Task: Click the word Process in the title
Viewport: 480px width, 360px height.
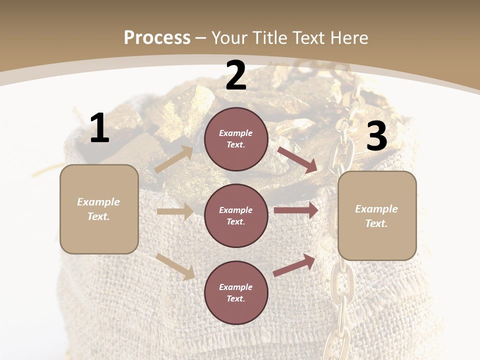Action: (x=157, y=37)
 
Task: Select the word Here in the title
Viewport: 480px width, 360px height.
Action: (x=349, y=37)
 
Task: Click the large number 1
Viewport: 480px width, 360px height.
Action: (x=99, y=128)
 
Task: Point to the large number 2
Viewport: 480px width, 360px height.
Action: (x=236, y=75)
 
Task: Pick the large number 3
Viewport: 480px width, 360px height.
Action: (x=377, y=136)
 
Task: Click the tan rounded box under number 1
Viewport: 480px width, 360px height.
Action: (x=99, y=209)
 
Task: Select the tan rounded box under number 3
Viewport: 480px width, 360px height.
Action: (x=377, y=216)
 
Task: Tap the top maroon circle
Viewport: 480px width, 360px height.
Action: (x=236, y=139)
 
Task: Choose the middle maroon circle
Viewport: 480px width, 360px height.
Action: (x=236, y=215)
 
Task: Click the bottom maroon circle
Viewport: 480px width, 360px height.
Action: (x=236, y=292)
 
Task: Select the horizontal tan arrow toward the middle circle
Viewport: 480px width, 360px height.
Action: (x=175, y=211)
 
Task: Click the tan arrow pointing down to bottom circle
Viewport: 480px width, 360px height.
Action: (x=175, y=266)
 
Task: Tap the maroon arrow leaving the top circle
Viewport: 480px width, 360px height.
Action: (x=297, y=160)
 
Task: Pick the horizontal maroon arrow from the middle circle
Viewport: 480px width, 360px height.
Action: (x=295, y=210)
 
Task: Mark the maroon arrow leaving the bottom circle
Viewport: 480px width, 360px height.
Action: (x=294, y=265)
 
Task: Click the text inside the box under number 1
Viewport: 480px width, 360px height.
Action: (x=99, y=209)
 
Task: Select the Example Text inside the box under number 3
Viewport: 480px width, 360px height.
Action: (x=377, y=216)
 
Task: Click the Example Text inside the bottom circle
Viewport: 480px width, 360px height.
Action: (x=236, y=292)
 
